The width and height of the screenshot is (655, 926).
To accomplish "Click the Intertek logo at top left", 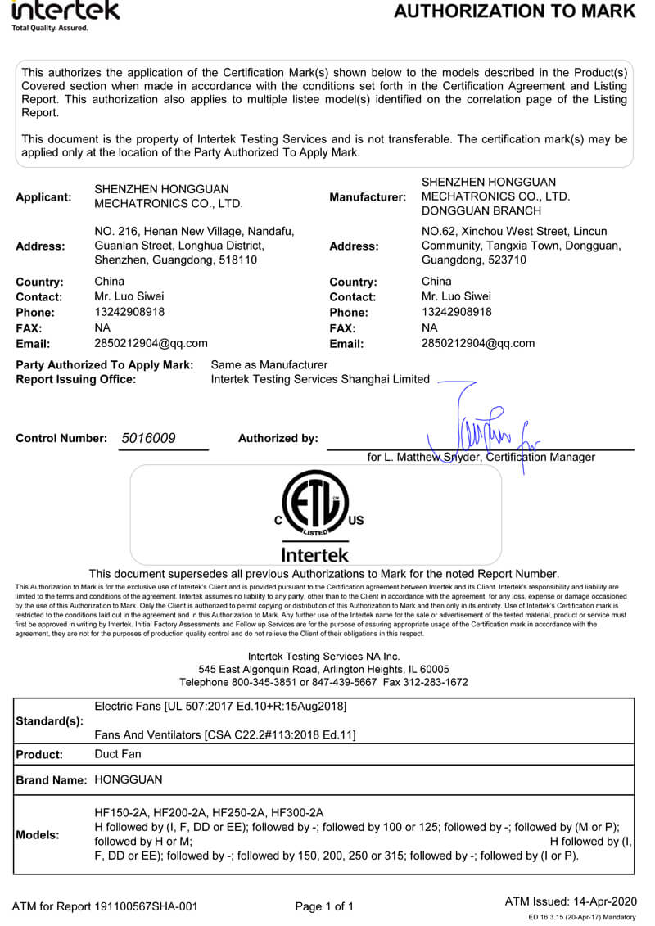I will (65, 12).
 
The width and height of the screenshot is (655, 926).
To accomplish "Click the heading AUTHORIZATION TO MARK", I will (514, 11).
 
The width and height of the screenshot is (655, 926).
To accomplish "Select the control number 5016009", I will (148, 438).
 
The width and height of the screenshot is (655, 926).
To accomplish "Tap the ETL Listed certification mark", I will (315, 504).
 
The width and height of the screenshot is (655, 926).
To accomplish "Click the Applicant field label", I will (43, 196).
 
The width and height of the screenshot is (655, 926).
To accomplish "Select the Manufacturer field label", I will (368, 197).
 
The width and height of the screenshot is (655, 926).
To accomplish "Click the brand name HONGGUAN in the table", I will (129, 779).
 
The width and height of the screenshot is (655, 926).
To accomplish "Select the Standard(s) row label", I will (50, 721).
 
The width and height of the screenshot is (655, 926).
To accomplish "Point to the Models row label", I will (38, 835).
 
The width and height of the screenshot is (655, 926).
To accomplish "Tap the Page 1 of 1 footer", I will (324, 906).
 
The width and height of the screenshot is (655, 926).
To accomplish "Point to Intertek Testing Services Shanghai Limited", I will (320, 379).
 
